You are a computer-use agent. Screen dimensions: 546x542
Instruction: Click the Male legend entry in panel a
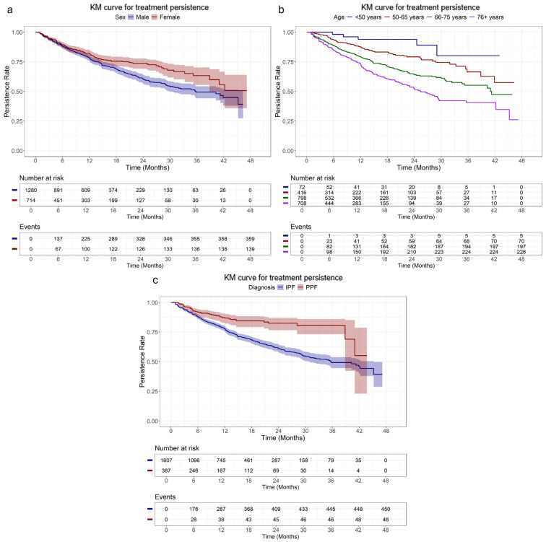coord(138,17)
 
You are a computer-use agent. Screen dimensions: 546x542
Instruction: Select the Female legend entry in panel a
coord(166,17)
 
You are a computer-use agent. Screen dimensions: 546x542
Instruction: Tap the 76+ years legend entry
coord(487,17)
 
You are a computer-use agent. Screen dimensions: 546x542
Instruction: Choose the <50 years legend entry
coord(364,17)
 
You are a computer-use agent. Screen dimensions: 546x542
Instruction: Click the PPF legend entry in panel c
coord(308,287)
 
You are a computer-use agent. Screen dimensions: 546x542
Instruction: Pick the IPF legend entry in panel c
coord(286,287)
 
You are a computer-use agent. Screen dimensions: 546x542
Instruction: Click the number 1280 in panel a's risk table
coord(30,191)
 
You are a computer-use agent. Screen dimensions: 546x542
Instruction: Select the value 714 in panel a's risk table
coord(31,201)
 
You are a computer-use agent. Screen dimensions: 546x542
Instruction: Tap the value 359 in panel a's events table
coord(250,239)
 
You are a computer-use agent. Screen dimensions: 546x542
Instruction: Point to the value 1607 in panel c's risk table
coord(166,460)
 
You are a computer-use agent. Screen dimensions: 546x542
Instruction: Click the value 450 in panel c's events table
coord(386,509)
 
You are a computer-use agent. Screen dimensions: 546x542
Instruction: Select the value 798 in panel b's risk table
coord(302,198)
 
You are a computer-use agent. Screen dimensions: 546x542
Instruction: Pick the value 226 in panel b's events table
coord(521,252)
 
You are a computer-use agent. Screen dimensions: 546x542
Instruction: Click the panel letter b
coord(281,9)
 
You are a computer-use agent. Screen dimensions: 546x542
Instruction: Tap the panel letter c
coord(155,281)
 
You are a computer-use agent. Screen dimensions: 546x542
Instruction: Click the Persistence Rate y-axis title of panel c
coord(142,362)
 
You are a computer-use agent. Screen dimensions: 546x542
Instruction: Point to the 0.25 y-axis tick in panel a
coord(17,121)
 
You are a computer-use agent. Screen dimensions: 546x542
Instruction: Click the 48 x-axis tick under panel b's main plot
coord(521,161)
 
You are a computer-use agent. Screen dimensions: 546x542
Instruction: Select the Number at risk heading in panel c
coord(177,448)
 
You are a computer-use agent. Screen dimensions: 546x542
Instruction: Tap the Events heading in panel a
coord(30,227)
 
